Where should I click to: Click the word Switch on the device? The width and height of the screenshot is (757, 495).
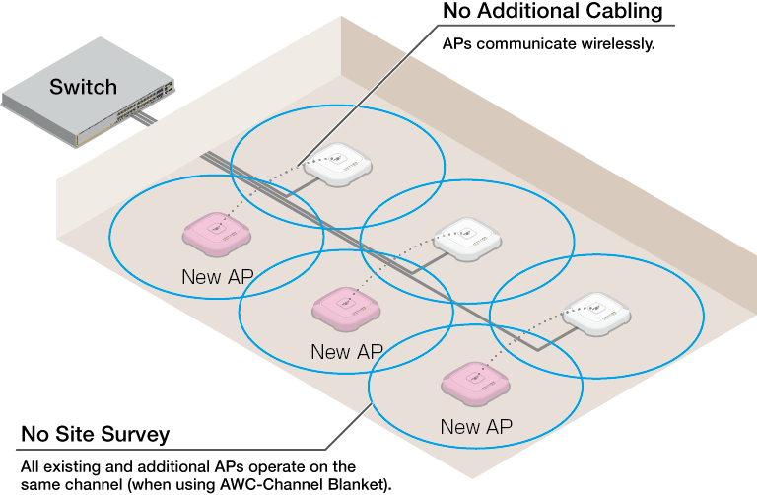[x=83, y=87]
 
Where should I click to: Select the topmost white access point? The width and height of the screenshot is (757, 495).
[x=338, y=163]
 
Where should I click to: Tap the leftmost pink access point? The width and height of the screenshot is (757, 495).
[x=217, y=234]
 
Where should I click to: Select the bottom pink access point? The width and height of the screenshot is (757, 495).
[x=475, y=383]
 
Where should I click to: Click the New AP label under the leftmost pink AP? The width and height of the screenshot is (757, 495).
[x=217, y=277]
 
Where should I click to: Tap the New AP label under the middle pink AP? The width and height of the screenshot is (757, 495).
[x=346, y=352]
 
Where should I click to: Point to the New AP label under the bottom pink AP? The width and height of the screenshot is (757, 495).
[x=475, y=427]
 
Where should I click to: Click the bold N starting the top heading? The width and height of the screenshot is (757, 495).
[x=450, y=11]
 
